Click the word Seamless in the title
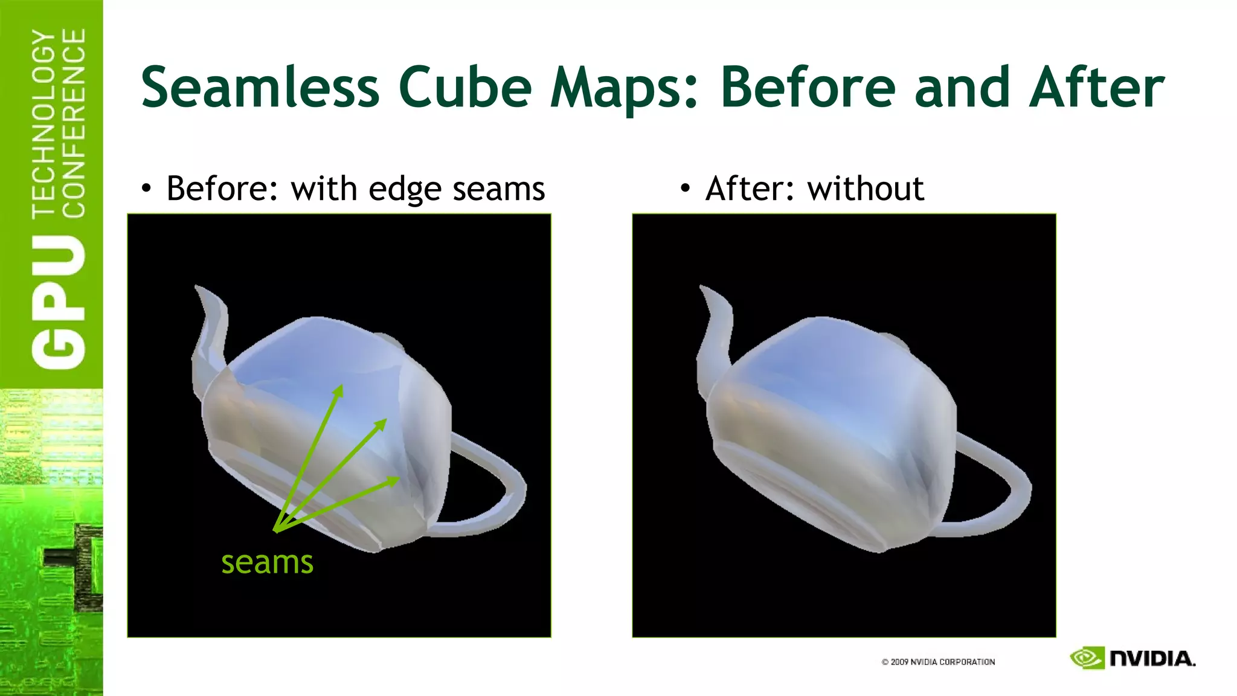(x=260, y=88)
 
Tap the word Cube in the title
(x=465, y=88)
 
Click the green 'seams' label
(x=267, y=562)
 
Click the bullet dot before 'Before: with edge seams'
(x=146, y=189)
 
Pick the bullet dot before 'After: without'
(x=684, y=189)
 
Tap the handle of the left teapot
(x=495, y=483)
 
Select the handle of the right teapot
(x=1000, y=483)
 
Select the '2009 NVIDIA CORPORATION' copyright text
(x=938, y=662)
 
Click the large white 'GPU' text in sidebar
(x=59, y=302)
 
